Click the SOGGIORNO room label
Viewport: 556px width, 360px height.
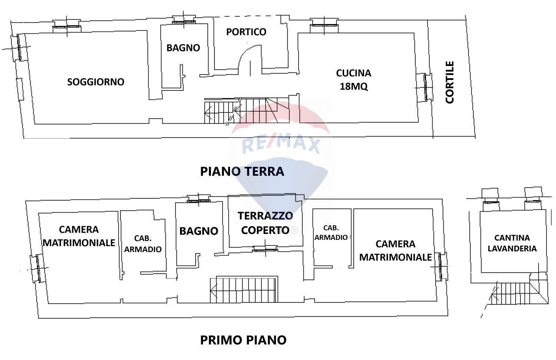click(96, 82)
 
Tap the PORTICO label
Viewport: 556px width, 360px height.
click(246, 32)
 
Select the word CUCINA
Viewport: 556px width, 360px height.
click(353, 73)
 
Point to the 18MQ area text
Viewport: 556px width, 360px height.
click(353, 86)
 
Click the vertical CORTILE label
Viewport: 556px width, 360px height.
click(450, 82)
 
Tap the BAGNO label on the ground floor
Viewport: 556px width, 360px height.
click(183, 48)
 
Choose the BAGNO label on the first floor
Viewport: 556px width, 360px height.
click(199, 231)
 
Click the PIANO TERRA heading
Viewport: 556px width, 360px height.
click(242, 171)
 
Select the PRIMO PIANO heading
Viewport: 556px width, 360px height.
click(243, 340)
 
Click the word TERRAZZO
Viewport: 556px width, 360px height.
click(265, 215)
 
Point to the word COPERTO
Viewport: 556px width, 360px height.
click(265, 230)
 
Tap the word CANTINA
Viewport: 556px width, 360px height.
click(512, 238)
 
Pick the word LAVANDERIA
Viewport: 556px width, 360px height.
click(512, 248)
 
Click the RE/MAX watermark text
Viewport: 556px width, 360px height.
click(281, 145)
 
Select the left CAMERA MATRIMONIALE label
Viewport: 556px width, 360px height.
click(79, 236)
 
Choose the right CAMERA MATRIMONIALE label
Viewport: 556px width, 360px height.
click(395, 250)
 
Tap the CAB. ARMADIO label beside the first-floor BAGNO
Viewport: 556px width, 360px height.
click(143, 244)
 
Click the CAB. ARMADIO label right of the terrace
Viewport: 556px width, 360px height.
click(331, 232)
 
